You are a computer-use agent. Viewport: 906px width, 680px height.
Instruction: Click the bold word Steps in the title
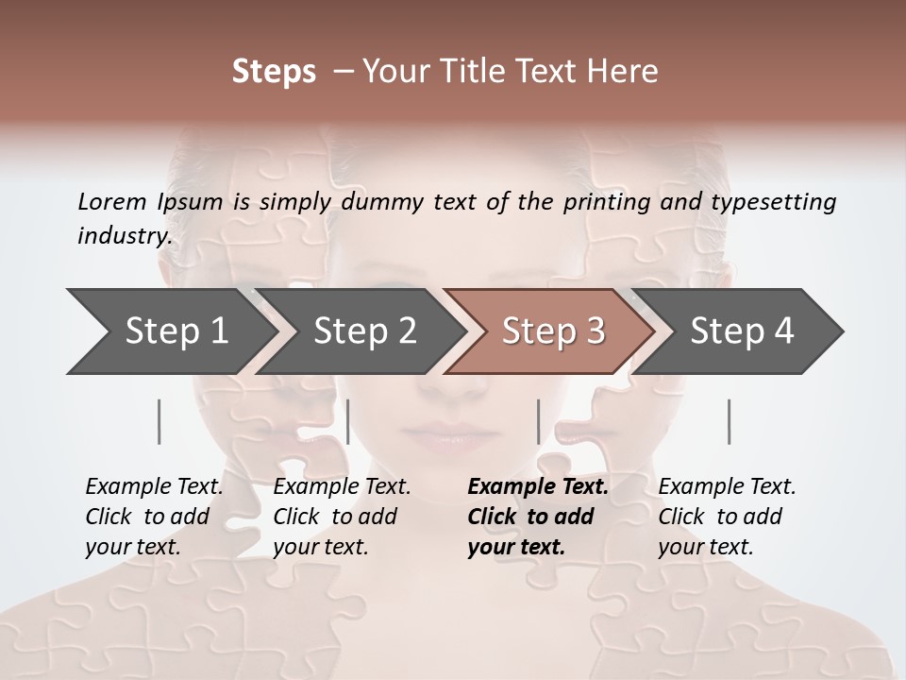[274, 72]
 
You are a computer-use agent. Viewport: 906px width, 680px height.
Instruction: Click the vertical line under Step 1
[159, 421]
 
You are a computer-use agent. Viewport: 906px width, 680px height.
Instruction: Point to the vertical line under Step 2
[348, 421]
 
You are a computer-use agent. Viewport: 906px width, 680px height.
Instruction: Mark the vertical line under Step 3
[539, 421]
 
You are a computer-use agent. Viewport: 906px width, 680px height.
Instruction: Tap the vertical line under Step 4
[730, 421]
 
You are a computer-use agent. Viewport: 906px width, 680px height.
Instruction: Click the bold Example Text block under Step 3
[537, 517]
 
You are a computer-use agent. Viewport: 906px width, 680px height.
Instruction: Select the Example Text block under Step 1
[154, 517]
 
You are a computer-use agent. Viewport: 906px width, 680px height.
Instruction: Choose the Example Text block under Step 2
[342, 517]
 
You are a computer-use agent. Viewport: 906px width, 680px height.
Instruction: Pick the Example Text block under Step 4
[727, 517]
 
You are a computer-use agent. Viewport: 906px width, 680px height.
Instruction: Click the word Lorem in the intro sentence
[111, 201]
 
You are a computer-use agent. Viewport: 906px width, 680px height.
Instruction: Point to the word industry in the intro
[125, 236]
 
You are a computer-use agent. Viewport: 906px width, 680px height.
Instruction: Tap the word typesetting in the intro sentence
[777, 202]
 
